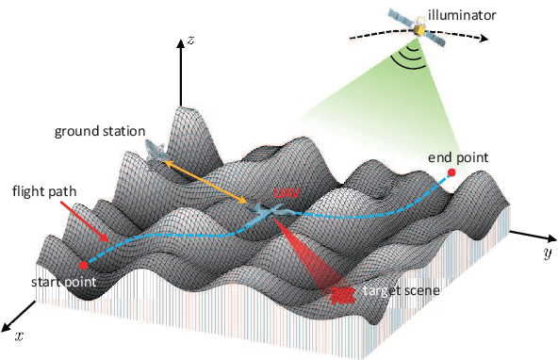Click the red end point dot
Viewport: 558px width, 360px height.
[x=451, y=173]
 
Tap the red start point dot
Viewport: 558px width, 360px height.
[x=84, y=264]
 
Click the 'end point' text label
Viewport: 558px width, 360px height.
[x=458, y=155]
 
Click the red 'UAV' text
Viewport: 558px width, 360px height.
[x=284, y=193]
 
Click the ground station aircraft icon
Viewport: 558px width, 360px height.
[x=157, y=152]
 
